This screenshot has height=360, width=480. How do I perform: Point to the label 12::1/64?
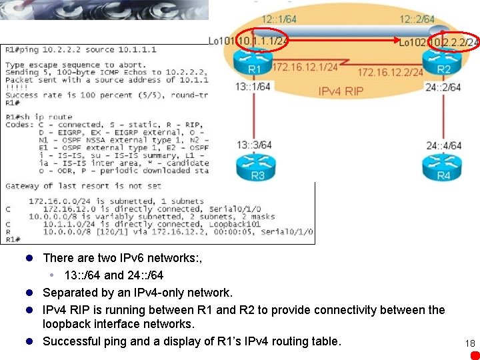pyautogui.click(x=280, y=20)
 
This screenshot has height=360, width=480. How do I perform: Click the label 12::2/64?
pyautogui.click(x=417, y=20)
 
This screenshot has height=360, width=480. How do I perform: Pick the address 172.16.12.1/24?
pyautogui.click(x=305, y=67)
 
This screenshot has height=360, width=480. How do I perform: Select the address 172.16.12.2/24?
pyautogui.click(x=391, y=72)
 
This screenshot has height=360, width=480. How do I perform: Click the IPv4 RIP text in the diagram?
pyautogui.click(x=341, y=91)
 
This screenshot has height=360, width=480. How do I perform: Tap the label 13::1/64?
pyautogui.click(x=253, y=87)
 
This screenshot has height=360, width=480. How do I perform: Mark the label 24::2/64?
pyautogui.click(x=443, y=87)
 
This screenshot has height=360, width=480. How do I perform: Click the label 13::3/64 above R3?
pyautogui.click(x=253, y=145)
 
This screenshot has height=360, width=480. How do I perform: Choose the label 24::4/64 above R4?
pyautogui.click(x=443, y=145)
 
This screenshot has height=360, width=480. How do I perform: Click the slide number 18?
pyautogui.click(x=470, y=343)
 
